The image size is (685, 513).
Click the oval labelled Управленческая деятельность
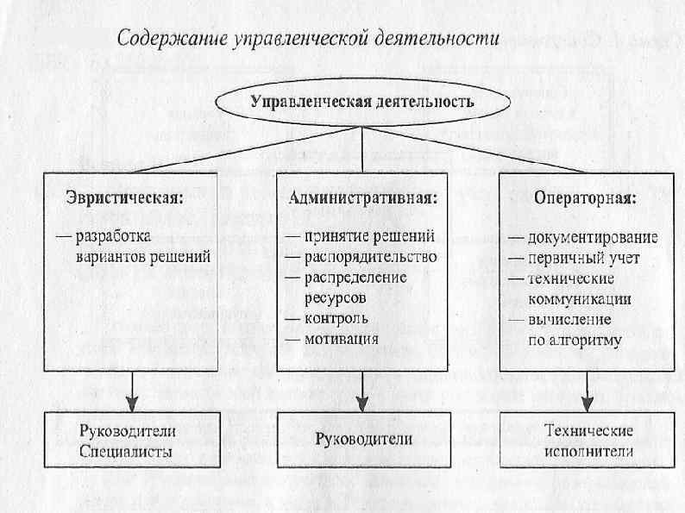(x=362, y=102)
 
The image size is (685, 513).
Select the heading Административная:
(x=363, y=197)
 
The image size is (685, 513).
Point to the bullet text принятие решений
(x=367, y=236)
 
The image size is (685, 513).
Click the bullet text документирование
(x=594, y=238)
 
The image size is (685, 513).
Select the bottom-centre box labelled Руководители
(x=363, y=439)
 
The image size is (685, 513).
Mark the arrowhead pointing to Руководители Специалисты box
(x=132, y=403)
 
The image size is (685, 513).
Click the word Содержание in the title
(x=161, y=40)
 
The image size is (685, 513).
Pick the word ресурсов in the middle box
(x=335, y=297)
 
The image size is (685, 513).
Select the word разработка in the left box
(x=113, y=236)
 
